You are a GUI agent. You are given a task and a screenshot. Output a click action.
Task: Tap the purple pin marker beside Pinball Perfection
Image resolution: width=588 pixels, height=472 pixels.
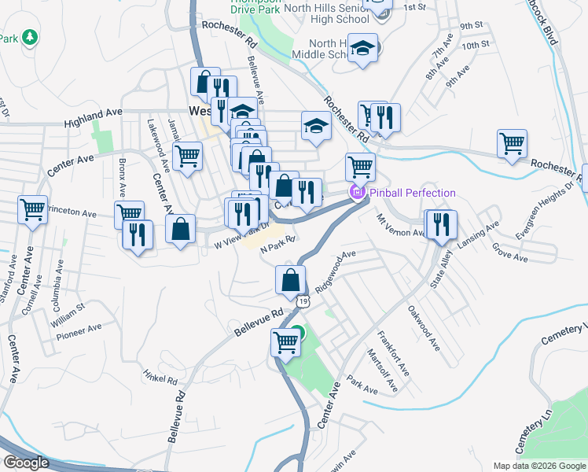358,192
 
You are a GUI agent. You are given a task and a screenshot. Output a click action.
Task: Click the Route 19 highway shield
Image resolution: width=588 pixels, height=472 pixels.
303,300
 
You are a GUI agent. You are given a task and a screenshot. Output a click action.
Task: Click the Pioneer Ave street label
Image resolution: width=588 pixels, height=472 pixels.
79,331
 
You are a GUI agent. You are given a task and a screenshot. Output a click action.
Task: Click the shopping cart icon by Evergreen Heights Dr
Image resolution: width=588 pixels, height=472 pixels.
512,144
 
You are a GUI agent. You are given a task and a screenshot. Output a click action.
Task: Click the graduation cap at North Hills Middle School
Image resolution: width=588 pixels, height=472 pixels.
363,48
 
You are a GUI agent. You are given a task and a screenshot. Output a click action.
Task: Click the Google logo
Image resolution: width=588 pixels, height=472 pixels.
27,463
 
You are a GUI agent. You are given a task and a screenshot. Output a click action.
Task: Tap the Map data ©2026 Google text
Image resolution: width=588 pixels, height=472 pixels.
538,466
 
